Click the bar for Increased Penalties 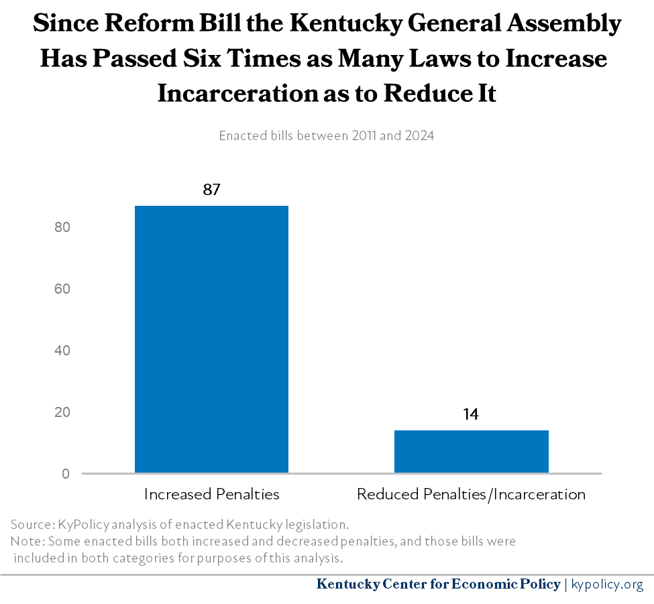[211, 339]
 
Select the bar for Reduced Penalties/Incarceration [471, 451]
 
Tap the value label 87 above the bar [211, 190]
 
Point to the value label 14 [471, 414]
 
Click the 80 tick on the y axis [63, 227]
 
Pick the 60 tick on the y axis [63, 289]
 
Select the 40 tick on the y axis [63, 351]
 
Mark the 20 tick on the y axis [63, 412]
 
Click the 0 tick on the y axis [66, 474]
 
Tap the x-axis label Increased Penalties [211, 495]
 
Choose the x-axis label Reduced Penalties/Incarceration [471, 495]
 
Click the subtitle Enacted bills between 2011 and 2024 [327, 135]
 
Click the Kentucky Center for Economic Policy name [438, 585]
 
